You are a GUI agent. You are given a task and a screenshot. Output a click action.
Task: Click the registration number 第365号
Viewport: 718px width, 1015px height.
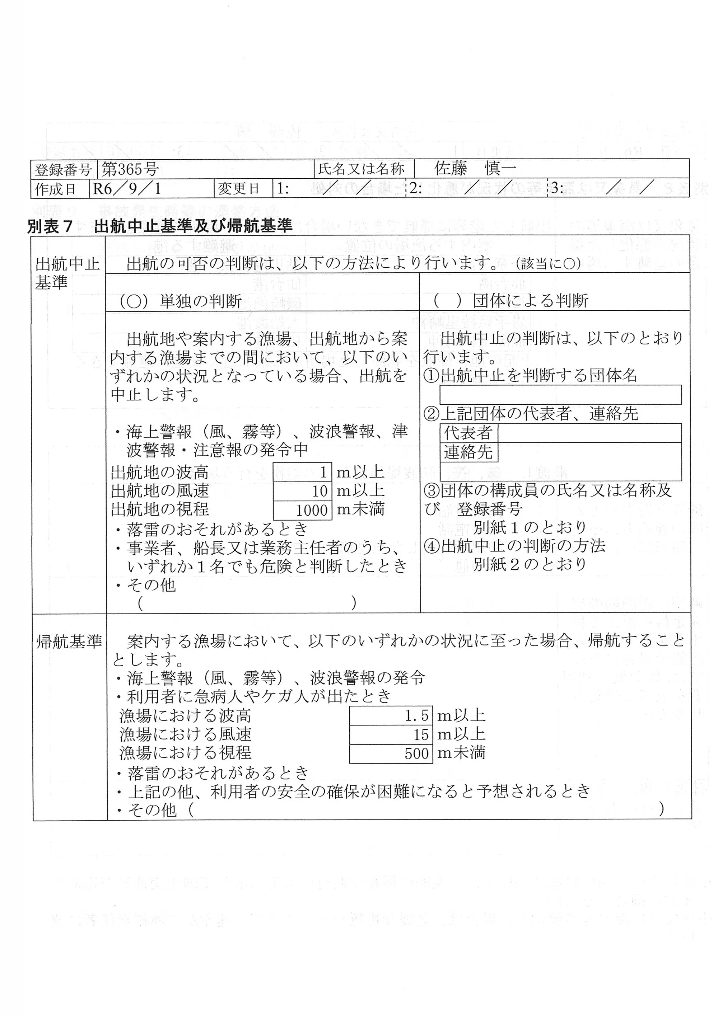(x=130, y=169)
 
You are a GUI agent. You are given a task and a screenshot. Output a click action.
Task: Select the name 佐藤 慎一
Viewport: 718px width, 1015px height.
(x=475, y=168)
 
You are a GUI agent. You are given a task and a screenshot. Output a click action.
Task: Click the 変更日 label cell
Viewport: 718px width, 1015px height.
(x=238, y=189)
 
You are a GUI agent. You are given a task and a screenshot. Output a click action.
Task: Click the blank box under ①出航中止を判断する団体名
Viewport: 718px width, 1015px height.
(x=560, y=395)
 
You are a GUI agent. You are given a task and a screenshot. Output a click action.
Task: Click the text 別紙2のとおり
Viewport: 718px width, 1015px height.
(x=530, y=564)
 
